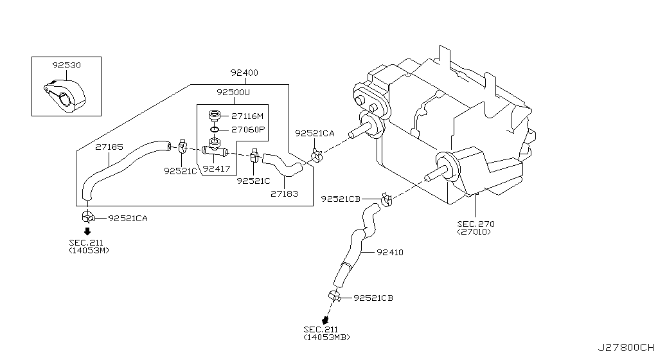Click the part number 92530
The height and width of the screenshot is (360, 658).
coord(67,65)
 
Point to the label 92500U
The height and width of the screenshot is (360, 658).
coord(233,92)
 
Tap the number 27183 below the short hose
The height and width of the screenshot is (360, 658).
coord(283,193)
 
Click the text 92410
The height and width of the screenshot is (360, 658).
coord(390,253)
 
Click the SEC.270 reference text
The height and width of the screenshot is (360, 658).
coord(476,224)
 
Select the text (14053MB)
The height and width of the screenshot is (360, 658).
coord(327,337)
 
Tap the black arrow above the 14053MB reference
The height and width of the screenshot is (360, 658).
coord(326,319)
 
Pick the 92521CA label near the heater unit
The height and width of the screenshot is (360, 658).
coord(315,133)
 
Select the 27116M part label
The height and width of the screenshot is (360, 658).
coord(247,116)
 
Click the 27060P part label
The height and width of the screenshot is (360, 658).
coord(247,129)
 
